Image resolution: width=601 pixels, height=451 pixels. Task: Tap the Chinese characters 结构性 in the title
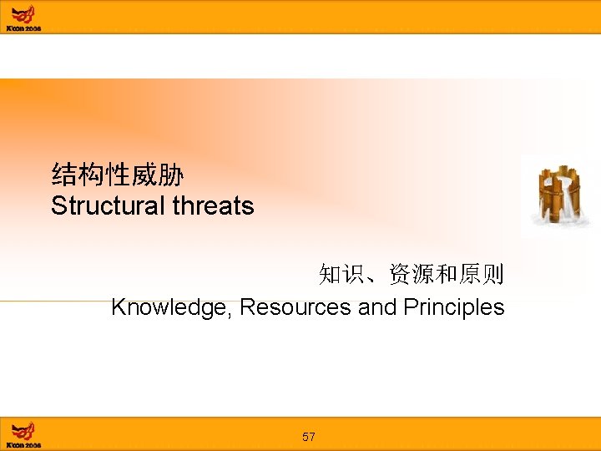point(90,175)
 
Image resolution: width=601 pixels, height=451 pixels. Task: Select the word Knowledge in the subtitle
point(172,307)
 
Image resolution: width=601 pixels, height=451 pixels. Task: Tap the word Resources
point(295,307)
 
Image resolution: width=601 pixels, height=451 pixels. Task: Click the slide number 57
point(309,437)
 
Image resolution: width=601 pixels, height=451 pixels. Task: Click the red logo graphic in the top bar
point(24,13)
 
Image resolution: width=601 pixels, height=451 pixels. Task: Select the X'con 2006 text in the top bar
point(23,28)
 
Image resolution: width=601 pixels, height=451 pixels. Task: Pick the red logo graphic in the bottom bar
point(24,429)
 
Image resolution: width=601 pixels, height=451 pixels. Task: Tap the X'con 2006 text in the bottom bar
point(23,445)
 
